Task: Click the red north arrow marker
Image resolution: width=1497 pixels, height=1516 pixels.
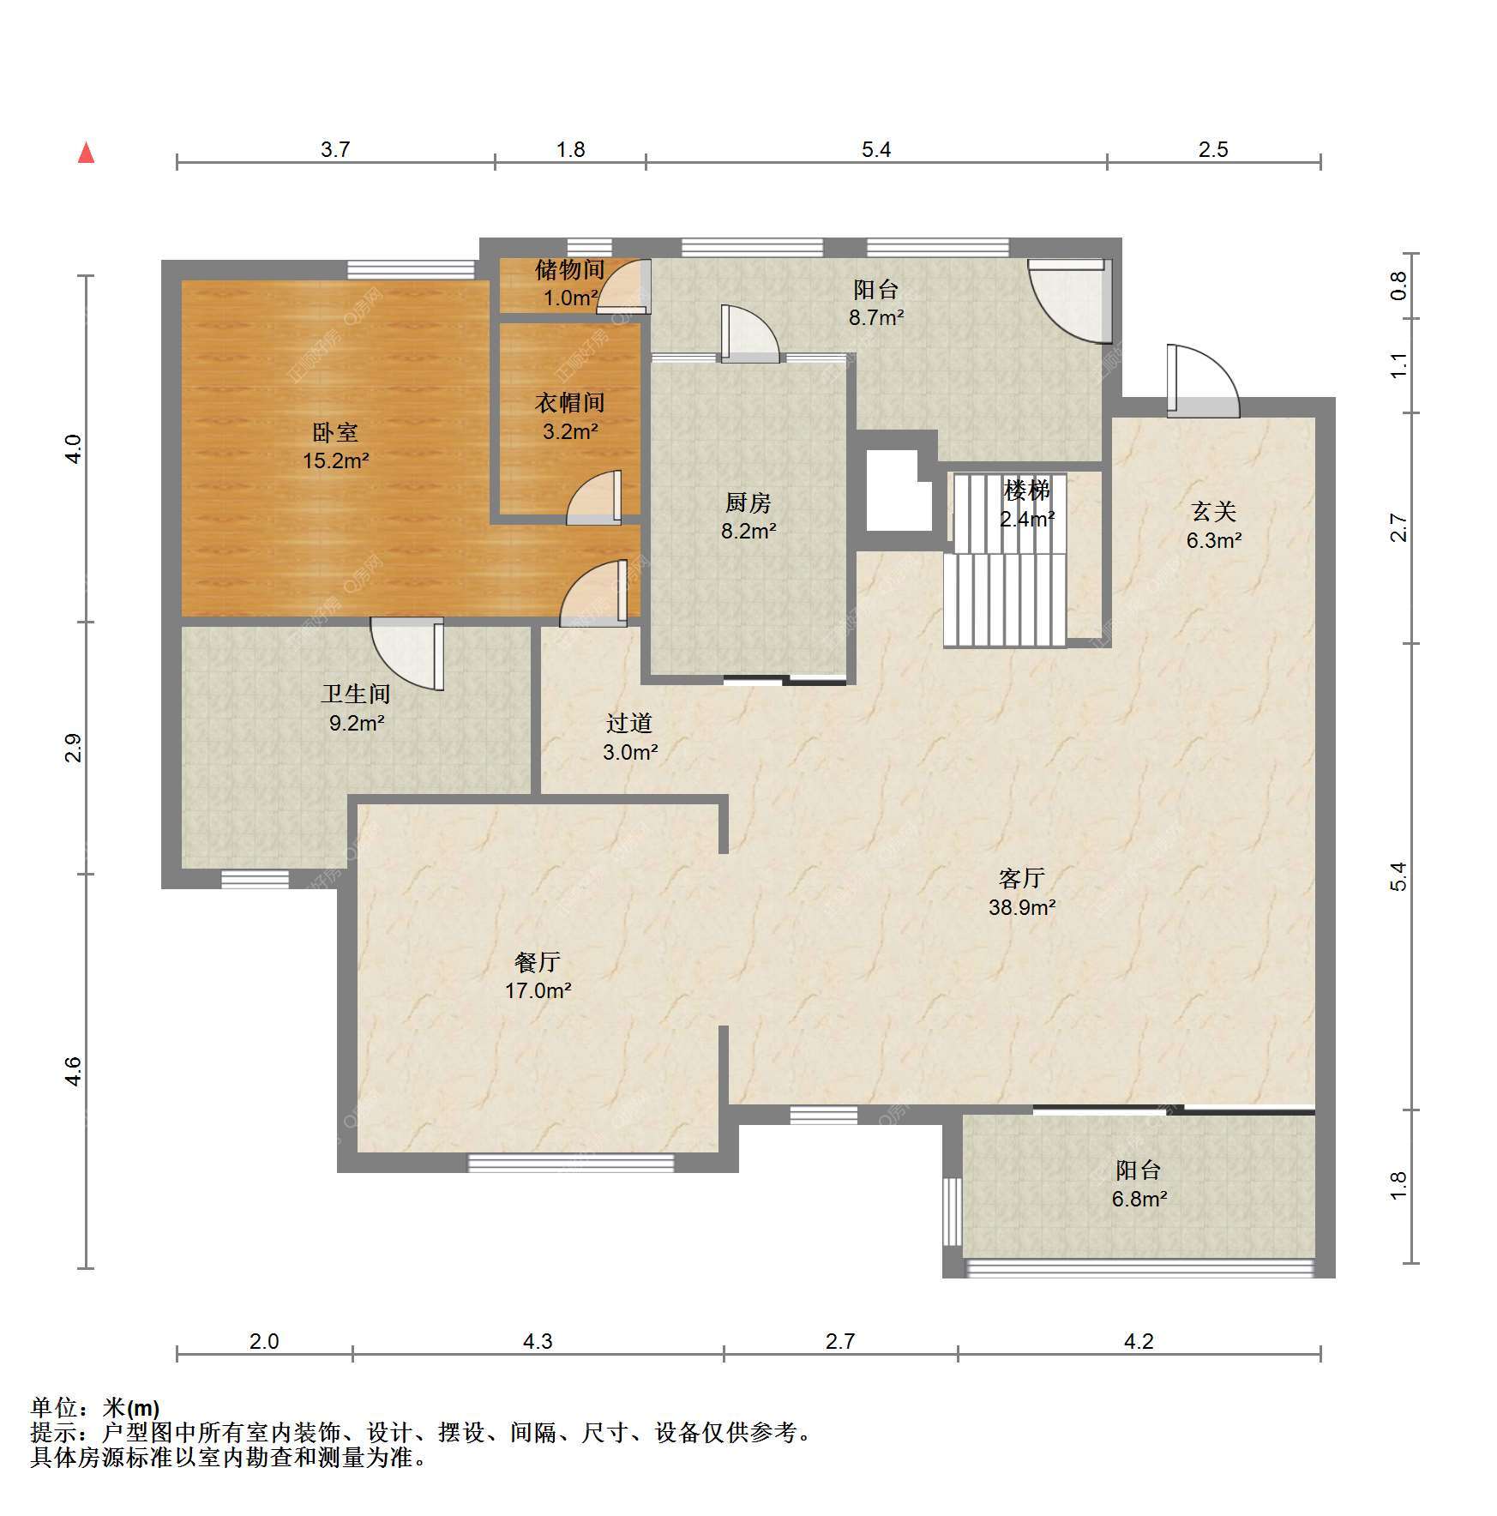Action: click(86, 153)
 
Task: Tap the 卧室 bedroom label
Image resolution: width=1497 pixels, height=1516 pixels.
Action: click(335, 432)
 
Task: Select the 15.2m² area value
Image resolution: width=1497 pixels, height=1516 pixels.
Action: click(335, 461)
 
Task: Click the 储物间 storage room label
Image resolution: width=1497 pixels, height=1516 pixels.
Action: click(570, 270)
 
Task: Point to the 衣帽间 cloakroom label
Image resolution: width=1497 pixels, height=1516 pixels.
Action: click(570, 402)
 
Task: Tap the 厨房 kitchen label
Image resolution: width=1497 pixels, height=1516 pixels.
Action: click(748, 502)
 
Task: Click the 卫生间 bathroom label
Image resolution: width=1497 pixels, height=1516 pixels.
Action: click(356, 694)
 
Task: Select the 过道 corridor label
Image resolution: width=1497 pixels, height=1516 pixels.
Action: click(629, 723)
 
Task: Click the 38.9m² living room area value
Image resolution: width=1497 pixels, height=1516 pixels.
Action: click(1022, 907)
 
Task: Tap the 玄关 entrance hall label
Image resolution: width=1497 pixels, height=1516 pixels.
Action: click(1214, 512)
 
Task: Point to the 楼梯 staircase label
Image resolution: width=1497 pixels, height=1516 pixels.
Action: click(1027, 490)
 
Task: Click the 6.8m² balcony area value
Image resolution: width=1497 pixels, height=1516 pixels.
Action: click(1139, 1199)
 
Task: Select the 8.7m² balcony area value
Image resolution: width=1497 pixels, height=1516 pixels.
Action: click(876, 317)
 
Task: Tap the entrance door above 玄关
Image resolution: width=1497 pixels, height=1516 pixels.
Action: click(1203, 381)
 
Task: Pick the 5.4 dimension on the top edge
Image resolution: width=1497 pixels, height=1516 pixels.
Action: click(876, 150)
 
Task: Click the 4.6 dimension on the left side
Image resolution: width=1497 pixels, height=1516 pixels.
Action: click(74, 1072)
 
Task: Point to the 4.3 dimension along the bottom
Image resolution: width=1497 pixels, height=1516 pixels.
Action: click(538, 1341)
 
